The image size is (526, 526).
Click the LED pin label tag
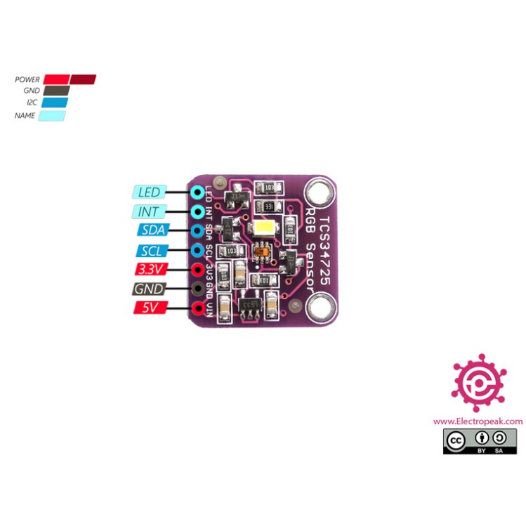[x=149, y=192]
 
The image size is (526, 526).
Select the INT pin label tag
[x=149, y=211]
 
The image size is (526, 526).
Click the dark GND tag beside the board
[x=148, y=289]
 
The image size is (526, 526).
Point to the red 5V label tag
[x=148, y=308]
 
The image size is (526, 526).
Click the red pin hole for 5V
[x=199, y=308]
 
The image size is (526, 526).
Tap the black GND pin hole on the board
[x=199, y=289]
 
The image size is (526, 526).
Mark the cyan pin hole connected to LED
[x=199, y=192]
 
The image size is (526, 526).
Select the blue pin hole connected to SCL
[x=199, y=250]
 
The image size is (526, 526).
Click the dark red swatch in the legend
[x=83, y=79]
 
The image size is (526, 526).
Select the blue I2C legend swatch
[x=55, y=103]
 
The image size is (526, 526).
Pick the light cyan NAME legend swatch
[x=52, y=115]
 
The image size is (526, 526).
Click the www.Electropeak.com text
[x=478, y=421]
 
